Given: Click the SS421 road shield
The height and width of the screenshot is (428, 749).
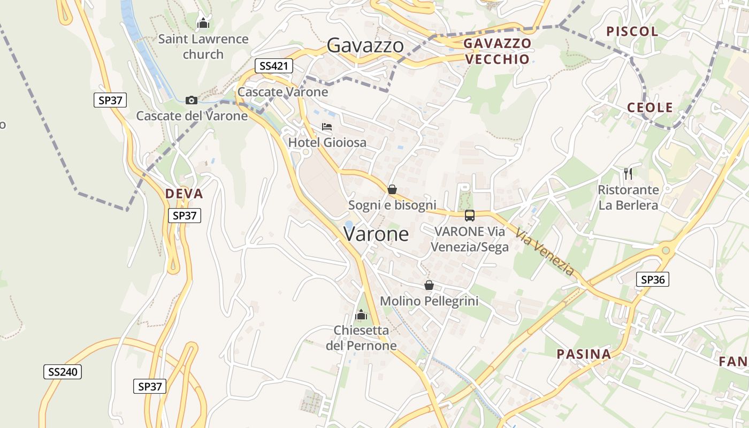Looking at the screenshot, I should [274, 66].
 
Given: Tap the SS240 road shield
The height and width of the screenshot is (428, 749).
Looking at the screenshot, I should [63, 372].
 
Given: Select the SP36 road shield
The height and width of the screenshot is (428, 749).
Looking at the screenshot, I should [653, 279].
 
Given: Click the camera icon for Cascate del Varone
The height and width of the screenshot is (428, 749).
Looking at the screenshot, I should [191, 100].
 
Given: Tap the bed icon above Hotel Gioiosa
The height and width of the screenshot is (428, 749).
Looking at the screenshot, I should [327, 127].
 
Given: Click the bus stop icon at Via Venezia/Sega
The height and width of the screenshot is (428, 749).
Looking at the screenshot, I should [469, 216].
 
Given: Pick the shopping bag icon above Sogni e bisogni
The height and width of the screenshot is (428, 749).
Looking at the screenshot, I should [392, 189].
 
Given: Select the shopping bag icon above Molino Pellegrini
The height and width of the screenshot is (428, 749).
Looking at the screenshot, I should [429, 285].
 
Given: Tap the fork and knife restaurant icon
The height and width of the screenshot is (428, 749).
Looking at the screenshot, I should [628, 174].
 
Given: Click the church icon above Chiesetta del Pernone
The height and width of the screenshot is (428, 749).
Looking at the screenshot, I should [361, 315].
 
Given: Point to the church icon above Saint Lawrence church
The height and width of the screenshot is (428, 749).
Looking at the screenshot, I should [203, 23].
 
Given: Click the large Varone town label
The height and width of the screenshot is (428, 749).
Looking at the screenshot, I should [376, 234].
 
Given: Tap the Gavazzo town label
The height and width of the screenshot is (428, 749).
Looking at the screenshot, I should [365, 45].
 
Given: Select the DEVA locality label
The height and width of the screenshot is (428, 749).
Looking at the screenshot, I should [184, 194].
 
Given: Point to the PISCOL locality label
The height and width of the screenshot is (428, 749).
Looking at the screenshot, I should [632, 31].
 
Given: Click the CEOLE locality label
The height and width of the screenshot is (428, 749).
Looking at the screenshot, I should [649, 107].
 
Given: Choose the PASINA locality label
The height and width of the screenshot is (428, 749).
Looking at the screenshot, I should [584, 354].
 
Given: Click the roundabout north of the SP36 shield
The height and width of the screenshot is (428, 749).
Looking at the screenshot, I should [665, 250].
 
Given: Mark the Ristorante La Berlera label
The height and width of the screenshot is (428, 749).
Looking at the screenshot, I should [628, 197].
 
